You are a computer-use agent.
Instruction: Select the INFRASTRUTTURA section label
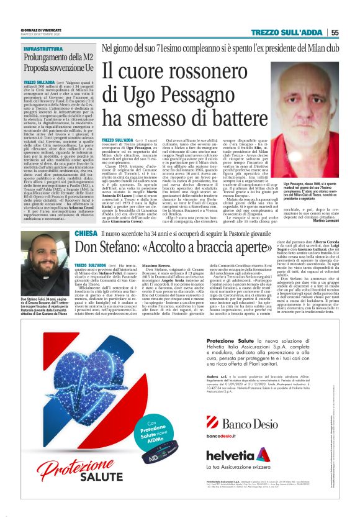pos(44,48)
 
